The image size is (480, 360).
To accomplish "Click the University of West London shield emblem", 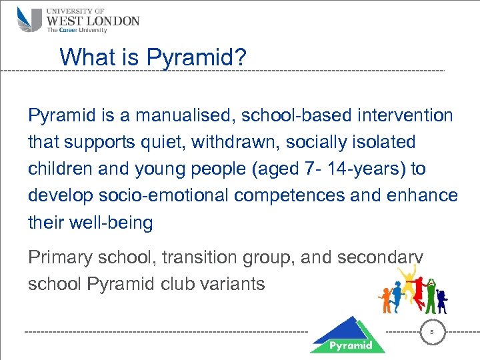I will pos(30,19).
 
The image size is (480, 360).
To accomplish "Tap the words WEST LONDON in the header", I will pos(93,21).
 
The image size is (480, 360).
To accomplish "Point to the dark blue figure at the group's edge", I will pos(441,300).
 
